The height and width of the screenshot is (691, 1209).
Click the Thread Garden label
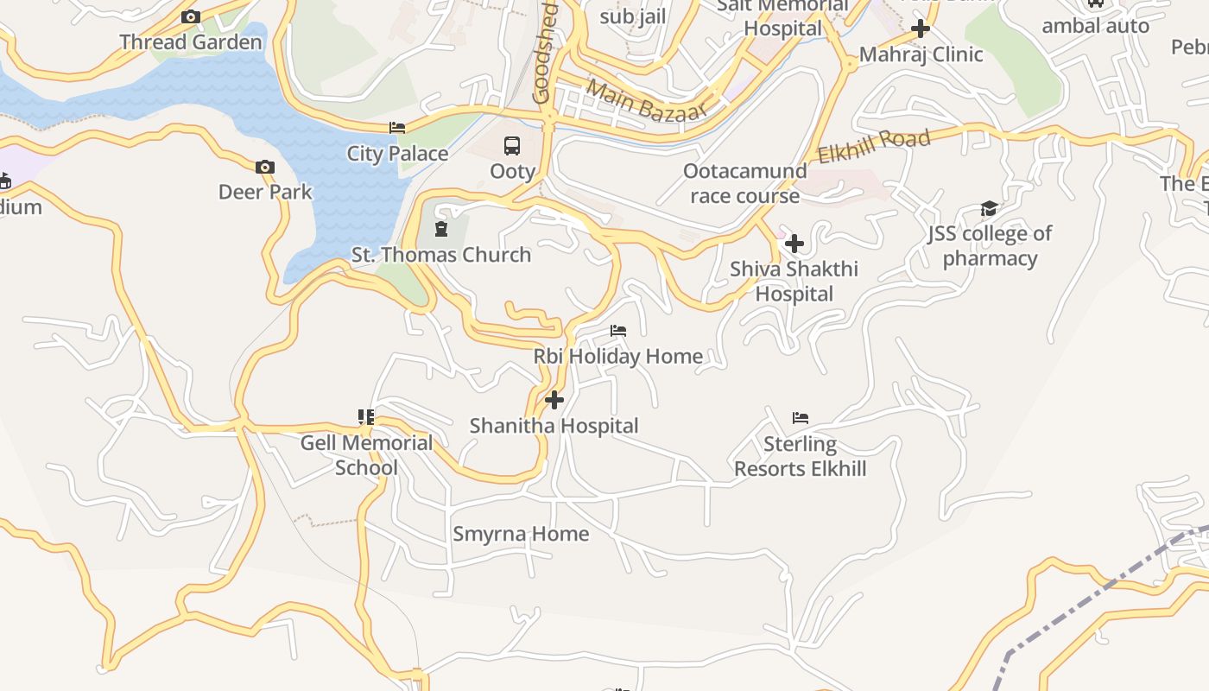pyautogui.click(x=191, y=41)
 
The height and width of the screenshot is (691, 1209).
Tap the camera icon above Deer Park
pyautogui.click(x=265, y=168)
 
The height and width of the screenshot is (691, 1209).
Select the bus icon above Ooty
pyautogui.click(x=512, y=145)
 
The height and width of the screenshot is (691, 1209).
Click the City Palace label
pyautogui.click(x=397, y=154)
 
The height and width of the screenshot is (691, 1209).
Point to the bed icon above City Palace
pyautogui.click(x=397, y=128)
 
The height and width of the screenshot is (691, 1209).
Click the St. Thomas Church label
pyautogui.click(x=441, y=255)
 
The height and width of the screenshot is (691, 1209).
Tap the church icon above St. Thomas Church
pyautogui.click(x=441, y=229)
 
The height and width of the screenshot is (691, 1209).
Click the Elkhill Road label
pyautogui.click(x=874, y=146)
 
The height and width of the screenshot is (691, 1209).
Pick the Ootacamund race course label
pyautogui.click(x=744, y=183)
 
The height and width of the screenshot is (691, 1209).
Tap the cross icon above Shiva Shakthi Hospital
pyautogui.click(x=794, y=244)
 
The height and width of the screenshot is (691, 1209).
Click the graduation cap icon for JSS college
pyautogui.click(x=989, y=208)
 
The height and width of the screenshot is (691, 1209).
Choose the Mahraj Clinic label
pyautogui.click(x=921, y=54)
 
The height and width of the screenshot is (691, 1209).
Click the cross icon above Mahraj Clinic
pyautogui.click(x=921, y=29)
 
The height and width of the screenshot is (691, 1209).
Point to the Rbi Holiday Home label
pyautogui.click(x=617, y=356)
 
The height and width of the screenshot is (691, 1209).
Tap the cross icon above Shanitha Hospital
pyautogui.click(x=554, y=400)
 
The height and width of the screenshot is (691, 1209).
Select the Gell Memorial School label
pyautogui.click(x=366, y=455)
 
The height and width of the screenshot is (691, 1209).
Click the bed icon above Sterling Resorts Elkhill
pyautogui.click(x=801, y=418)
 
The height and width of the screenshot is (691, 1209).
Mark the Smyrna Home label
pyautogui.click(x=521, y=534)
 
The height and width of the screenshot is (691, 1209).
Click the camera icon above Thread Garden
pyautogui.click(x=191, y=16)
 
